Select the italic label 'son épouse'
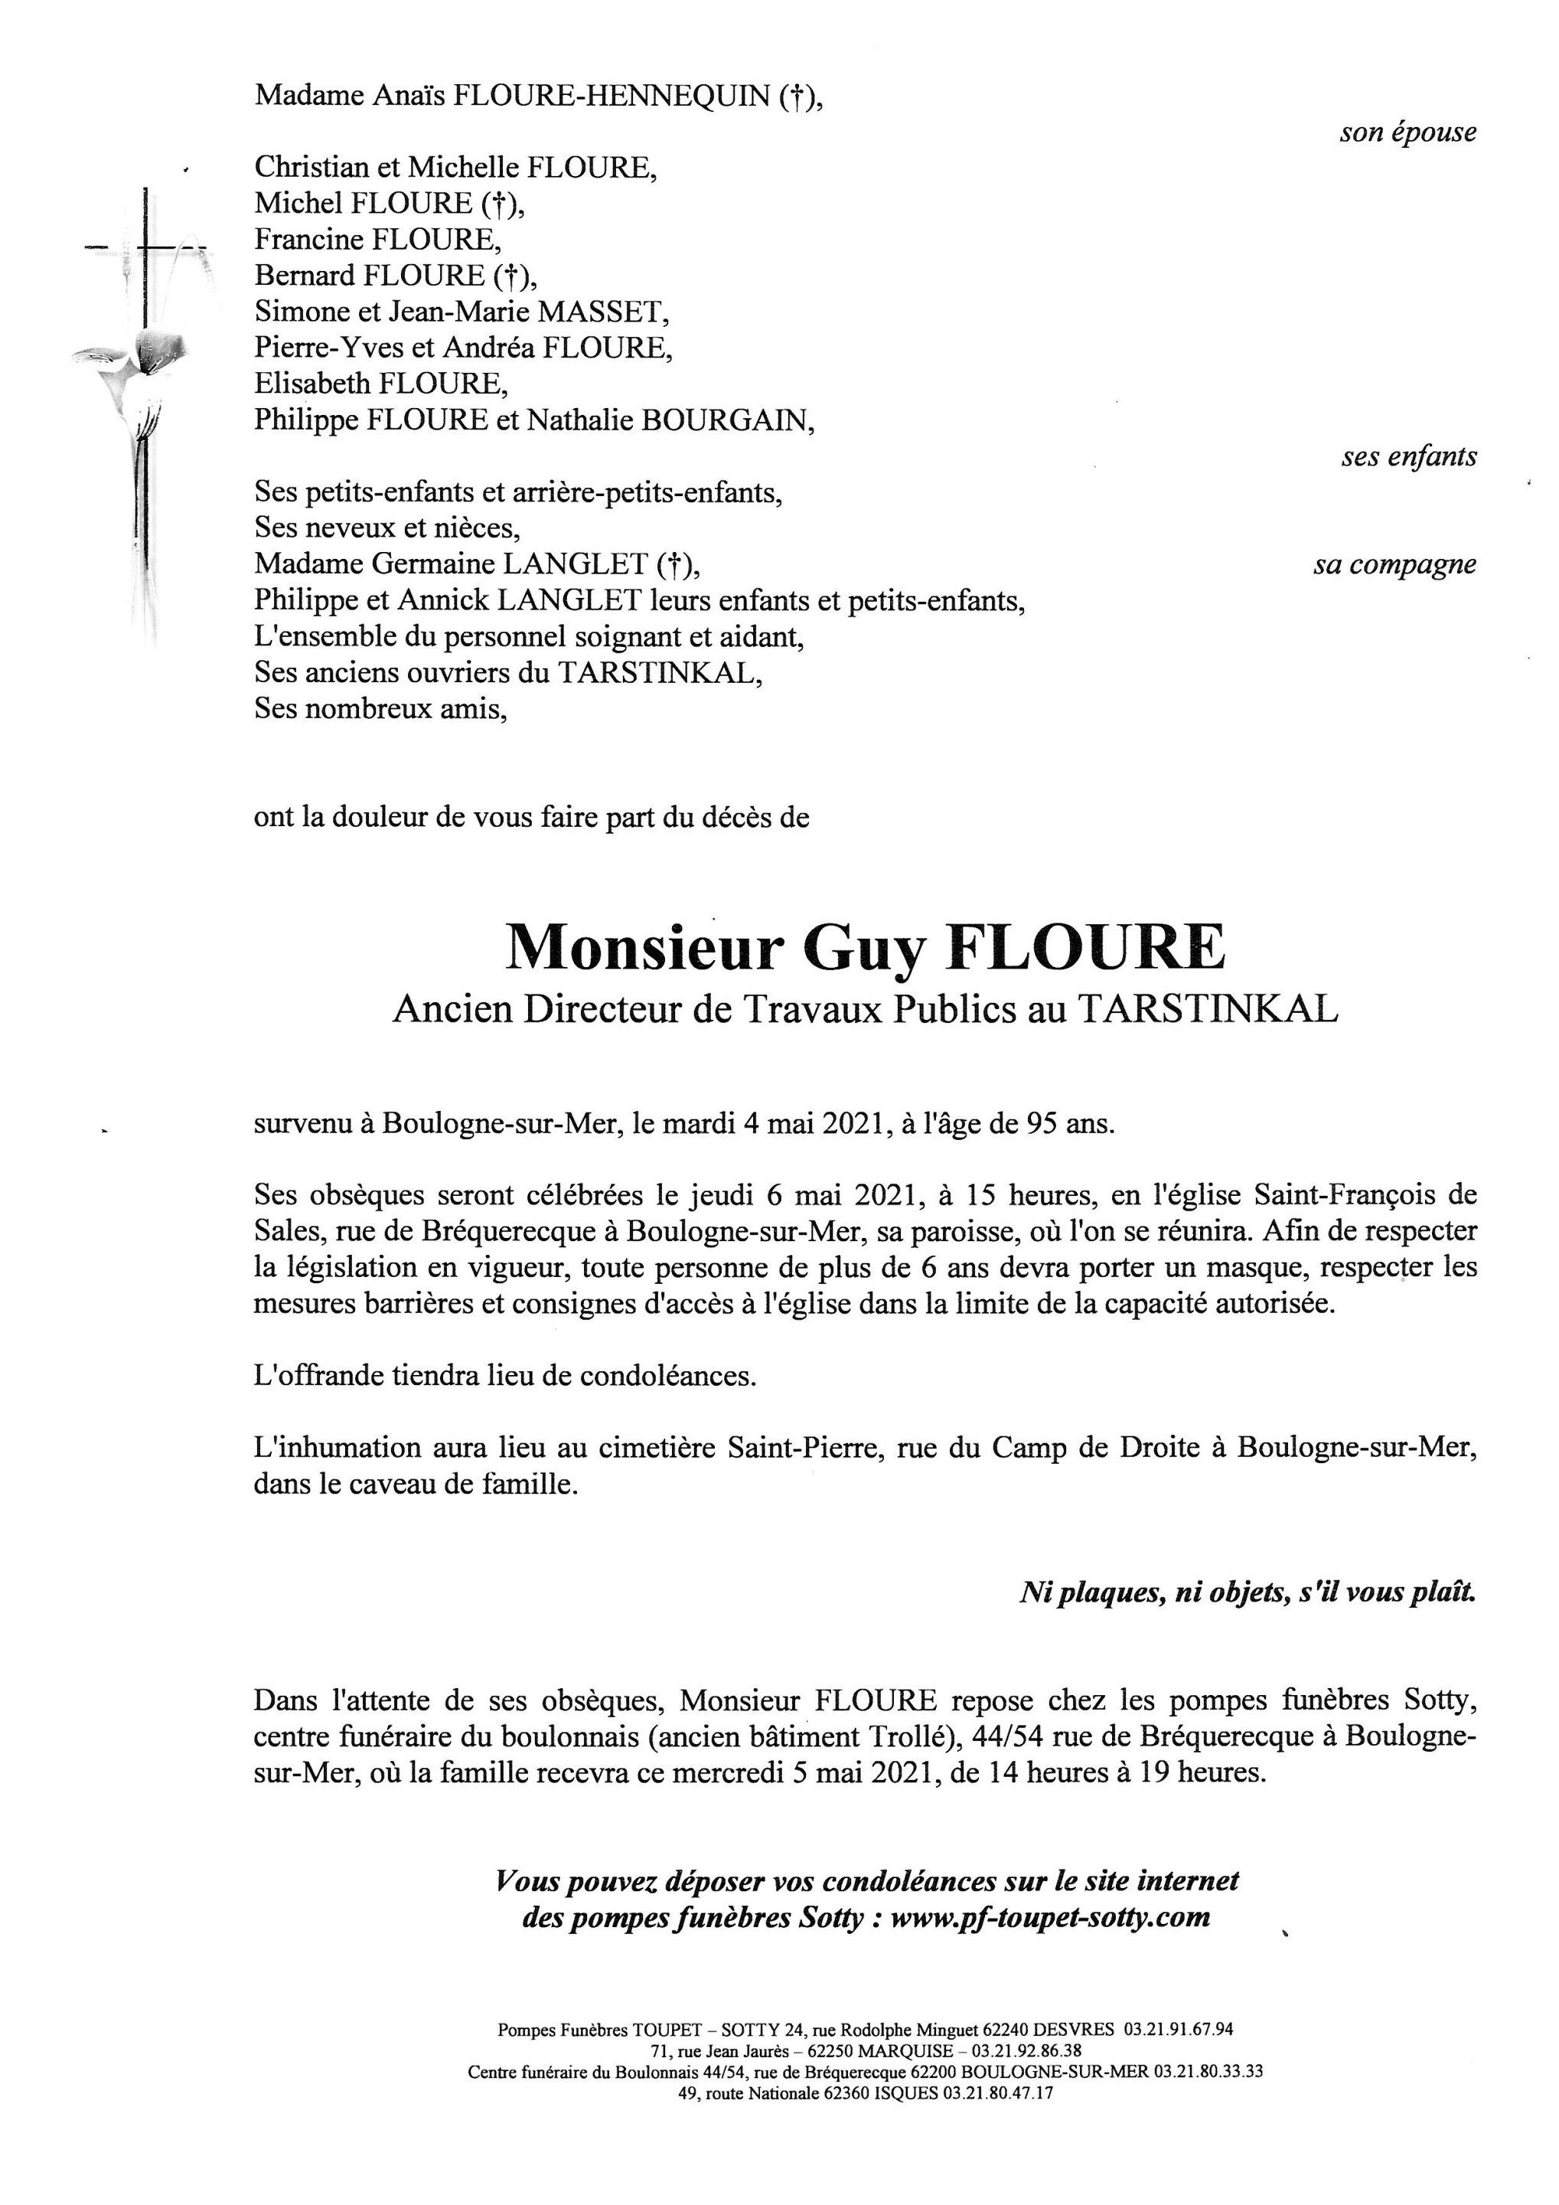coord(1407,132)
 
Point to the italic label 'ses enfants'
coord(1408,456)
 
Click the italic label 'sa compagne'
coord(1394,565)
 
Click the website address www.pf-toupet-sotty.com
coord(1050,1918)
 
